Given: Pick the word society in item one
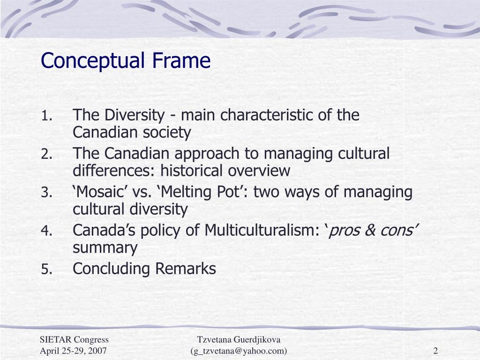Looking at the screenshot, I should click(x=170, y=133).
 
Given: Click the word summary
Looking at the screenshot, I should click(x=105, y=248).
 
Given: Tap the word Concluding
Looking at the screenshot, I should click(x=112, y=269).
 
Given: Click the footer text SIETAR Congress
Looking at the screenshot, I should click(x=74, y=340).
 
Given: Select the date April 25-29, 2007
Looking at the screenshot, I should click(x=73, y=351).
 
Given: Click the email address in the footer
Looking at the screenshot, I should click(x=239, y=351).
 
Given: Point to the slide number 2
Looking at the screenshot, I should click(x=435, y=351).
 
